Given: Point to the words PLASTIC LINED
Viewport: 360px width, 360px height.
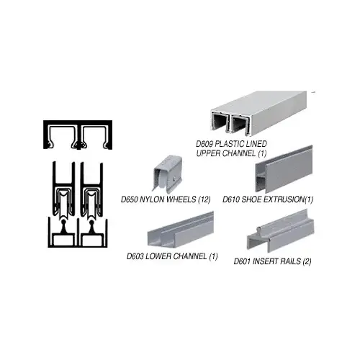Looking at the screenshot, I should tap(243, 143).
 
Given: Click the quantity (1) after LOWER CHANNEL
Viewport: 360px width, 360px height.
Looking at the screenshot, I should tap(214, 257).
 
